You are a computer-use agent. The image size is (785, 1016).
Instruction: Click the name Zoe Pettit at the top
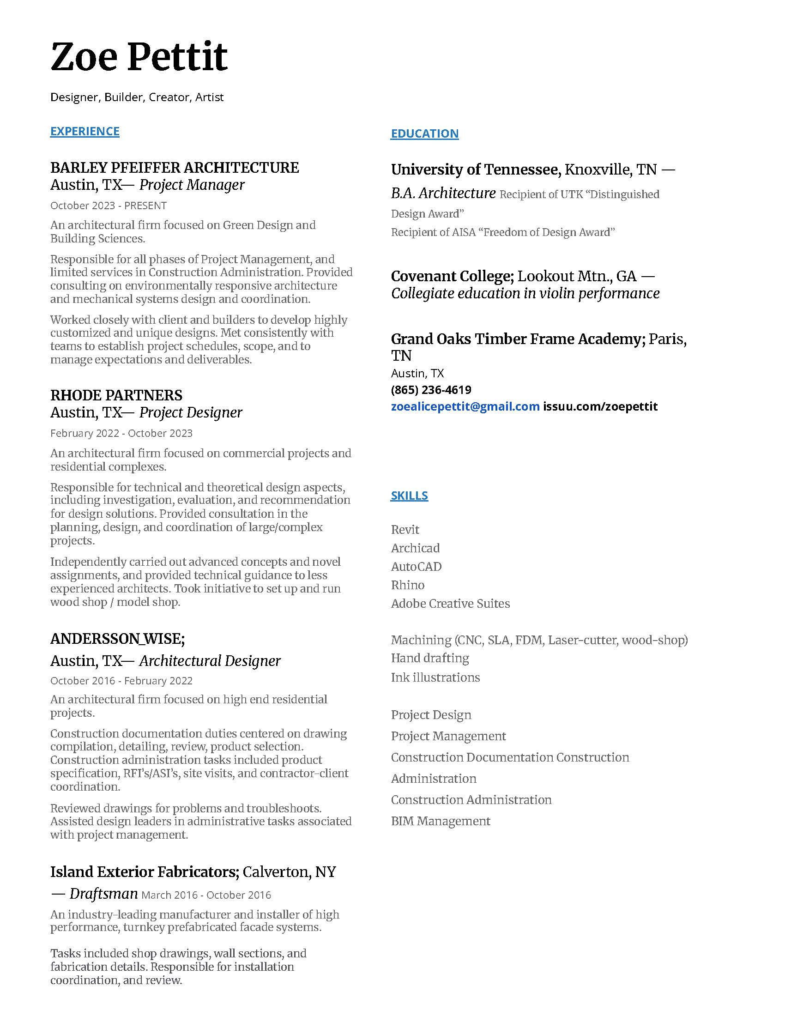click(139, 57)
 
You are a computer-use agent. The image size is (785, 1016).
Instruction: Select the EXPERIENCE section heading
click(85, 132)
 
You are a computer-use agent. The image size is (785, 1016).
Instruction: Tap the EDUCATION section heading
click(424, 134)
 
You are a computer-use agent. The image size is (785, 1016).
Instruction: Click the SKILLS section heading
click(409, 496)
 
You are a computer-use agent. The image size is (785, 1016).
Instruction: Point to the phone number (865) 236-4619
click(431, 390)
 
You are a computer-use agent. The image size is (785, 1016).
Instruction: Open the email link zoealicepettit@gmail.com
click(465, 406)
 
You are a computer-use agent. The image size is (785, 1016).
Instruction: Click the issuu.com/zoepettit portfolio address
click(600, 406)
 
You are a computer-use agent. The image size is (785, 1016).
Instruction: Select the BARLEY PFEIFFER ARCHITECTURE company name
click(175, 168)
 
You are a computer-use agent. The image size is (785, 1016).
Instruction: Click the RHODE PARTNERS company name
click(116, 395)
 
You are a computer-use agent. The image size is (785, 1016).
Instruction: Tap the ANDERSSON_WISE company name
click(117, 639)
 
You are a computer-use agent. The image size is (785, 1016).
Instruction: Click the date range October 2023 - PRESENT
click(109, 206)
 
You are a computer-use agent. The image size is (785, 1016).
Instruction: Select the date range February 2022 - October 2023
click(121, 434)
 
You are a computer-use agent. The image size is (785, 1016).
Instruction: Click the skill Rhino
click(408, 585)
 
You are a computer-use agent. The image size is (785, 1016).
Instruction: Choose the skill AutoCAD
click(416, 567)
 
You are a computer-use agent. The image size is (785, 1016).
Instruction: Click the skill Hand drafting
click(430, 658)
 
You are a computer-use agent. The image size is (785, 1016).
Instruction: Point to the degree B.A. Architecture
click(443, 194)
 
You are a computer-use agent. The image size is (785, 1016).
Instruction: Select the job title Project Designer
click(191, 412)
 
